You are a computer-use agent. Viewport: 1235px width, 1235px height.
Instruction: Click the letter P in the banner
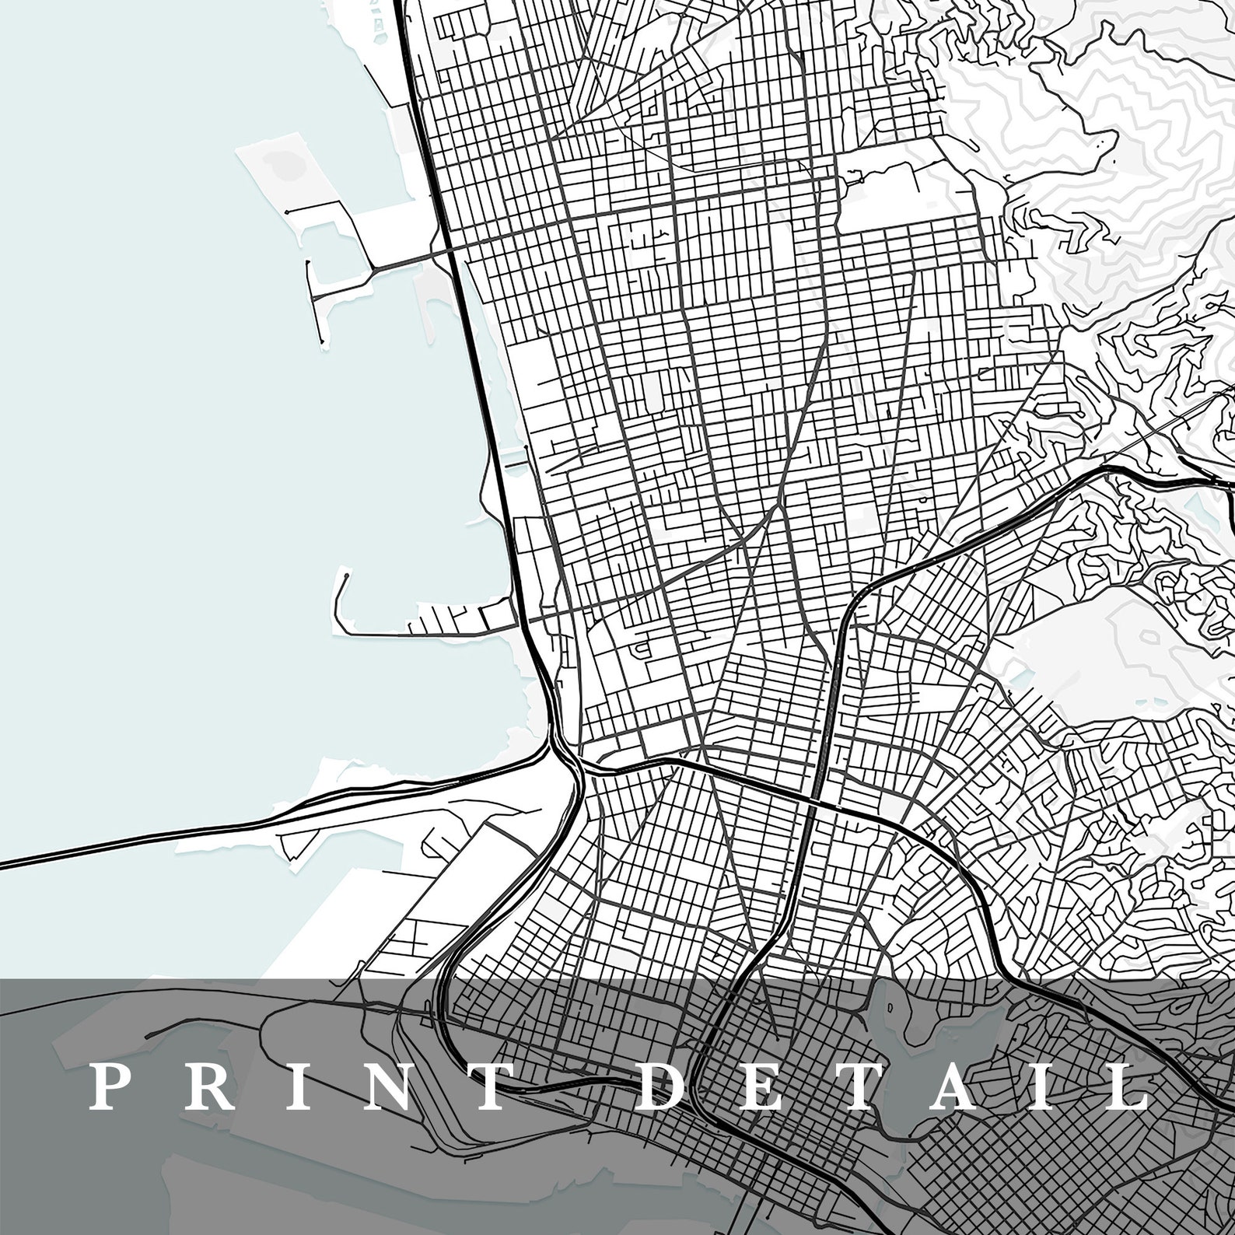(110, 1087)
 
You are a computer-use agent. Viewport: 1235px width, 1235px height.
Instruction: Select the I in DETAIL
(1048, 1087)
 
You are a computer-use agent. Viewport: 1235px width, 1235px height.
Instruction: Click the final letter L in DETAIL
(1124, 1087)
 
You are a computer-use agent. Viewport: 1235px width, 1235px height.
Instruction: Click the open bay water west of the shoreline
(194, 467)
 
